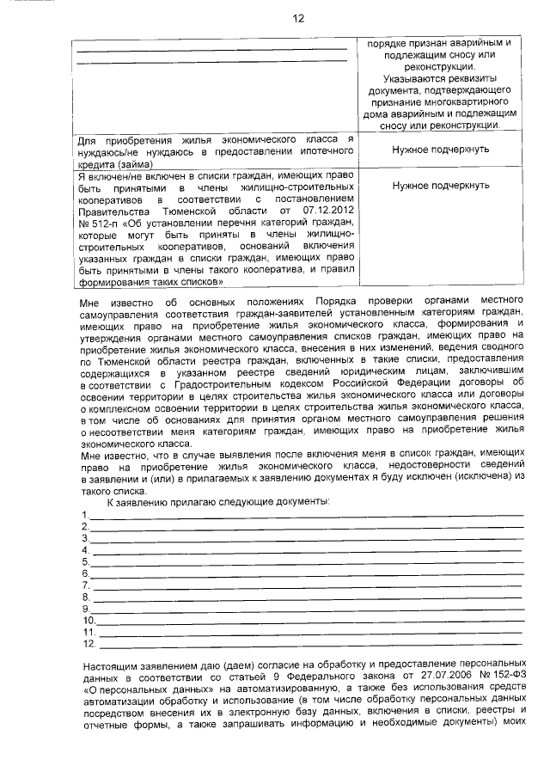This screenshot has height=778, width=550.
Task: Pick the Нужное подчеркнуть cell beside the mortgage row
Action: [440, 149]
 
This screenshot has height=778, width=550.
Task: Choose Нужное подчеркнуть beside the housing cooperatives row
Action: [440, 185]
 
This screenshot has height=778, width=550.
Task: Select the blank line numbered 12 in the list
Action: [310, 642]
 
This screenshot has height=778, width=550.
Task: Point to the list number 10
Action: [89, 619]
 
